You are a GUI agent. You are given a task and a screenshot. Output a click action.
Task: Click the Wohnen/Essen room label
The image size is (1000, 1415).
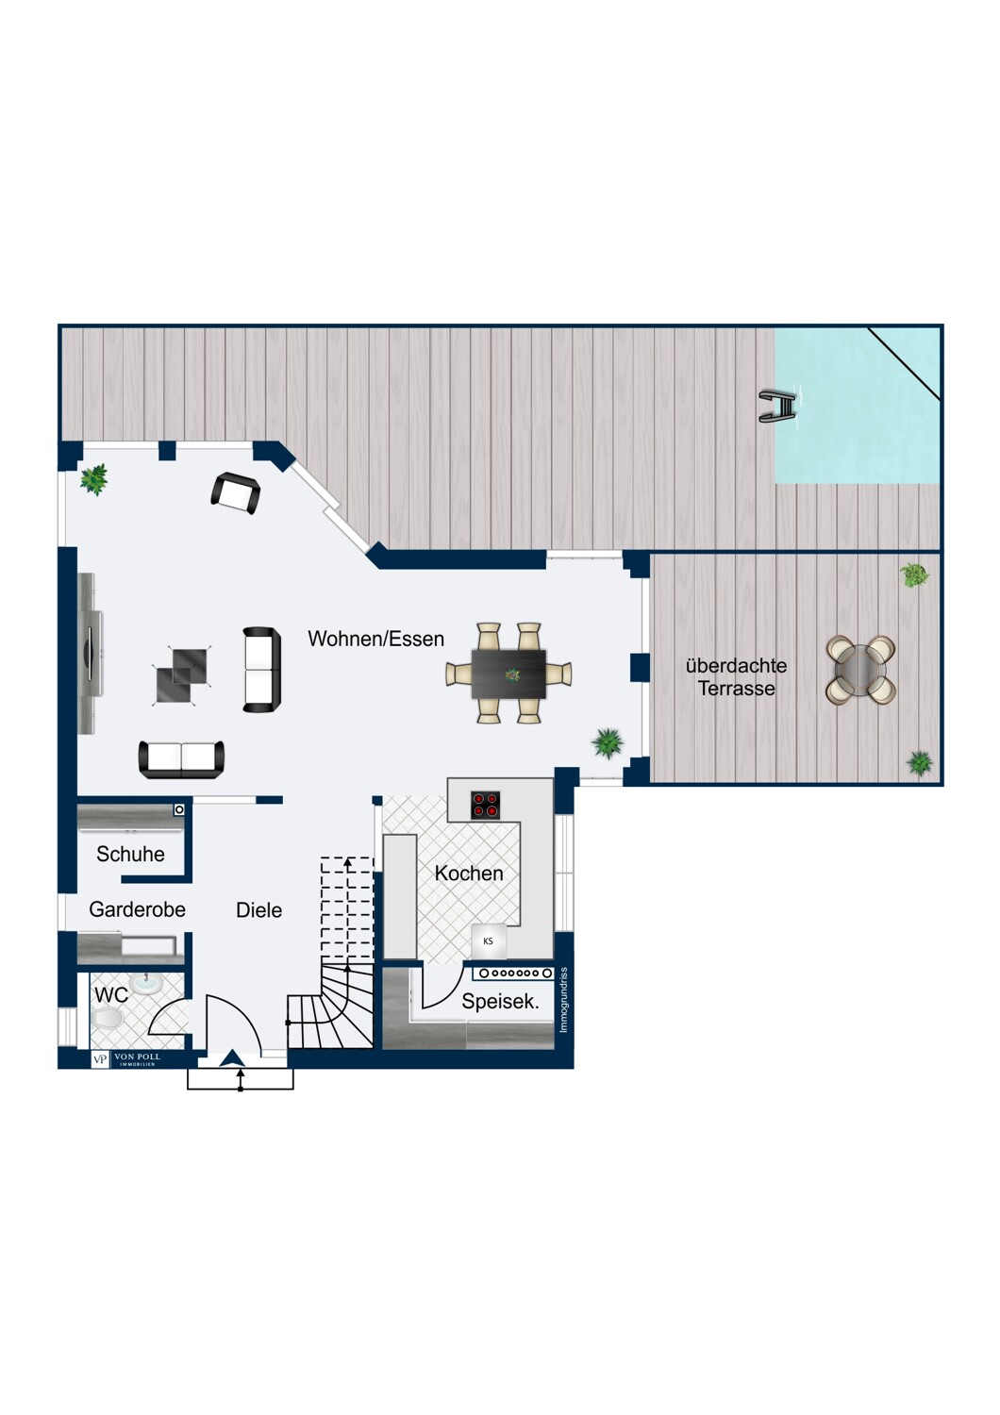click(375, 640)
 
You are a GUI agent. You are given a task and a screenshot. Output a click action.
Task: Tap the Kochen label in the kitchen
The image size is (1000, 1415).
click(469, 874)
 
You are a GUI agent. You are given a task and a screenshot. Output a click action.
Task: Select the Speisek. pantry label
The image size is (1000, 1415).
click(500, 1002)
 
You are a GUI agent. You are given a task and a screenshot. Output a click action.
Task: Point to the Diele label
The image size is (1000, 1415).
click(259, 910)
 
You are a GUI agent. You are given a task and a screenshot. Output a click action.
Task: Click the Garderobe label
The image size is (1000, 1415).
click(137, 909)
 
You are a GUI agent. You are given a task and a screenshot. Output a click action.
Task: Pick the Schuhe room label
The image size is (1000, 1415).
click(130, 854)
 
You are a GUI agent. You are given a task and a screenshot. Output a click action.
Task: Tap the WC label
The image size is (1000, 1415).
click(111, 995)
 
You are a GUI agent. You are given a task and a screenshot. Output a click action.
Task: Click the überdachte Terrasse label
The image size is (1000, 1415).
click(737, 676)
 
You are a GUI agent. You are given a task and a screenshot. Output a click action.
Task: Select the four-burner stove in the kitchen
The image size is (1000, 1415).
click(485, 806)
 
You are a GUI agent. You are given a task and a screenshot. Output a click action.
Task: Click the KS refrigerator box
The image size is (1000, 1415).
click(489, 941)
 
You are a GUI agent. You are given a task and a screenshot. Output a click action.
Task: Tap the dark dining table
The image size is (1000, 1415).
click(508, 674)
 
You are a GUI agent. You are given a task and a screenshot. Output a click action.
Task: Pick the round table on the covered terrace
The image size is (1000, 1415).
click(860, 670)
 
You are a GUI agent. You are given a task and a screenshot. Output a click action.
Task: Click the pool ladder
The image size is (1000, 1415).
click(778, 407)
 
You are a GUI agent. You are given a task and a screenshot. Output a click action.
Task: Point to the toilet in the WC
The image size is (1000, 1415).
click(107, 1018)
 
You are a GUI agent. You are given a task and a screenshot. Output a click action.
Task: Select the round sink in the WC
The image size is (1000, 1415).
click(146, 983)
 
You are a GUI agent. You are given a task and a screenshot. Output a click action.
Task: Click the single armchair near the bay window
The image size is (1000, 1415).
click(235, 493)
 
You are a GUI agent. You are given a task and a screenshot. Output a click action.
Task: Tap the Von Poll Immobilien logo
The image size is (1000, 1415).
click(127, 1058)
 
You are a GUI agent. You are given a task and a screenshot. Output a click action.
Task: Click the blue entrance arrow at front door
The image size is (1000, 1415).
click(232, 1057)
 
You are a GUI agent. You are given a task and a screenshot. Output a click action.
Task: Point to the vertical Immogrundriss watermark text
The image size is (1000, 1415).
click(563, 1001)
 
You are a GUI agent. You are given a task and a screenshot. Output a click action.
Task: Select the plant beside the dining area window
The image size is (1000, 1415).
click(608, 743)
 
